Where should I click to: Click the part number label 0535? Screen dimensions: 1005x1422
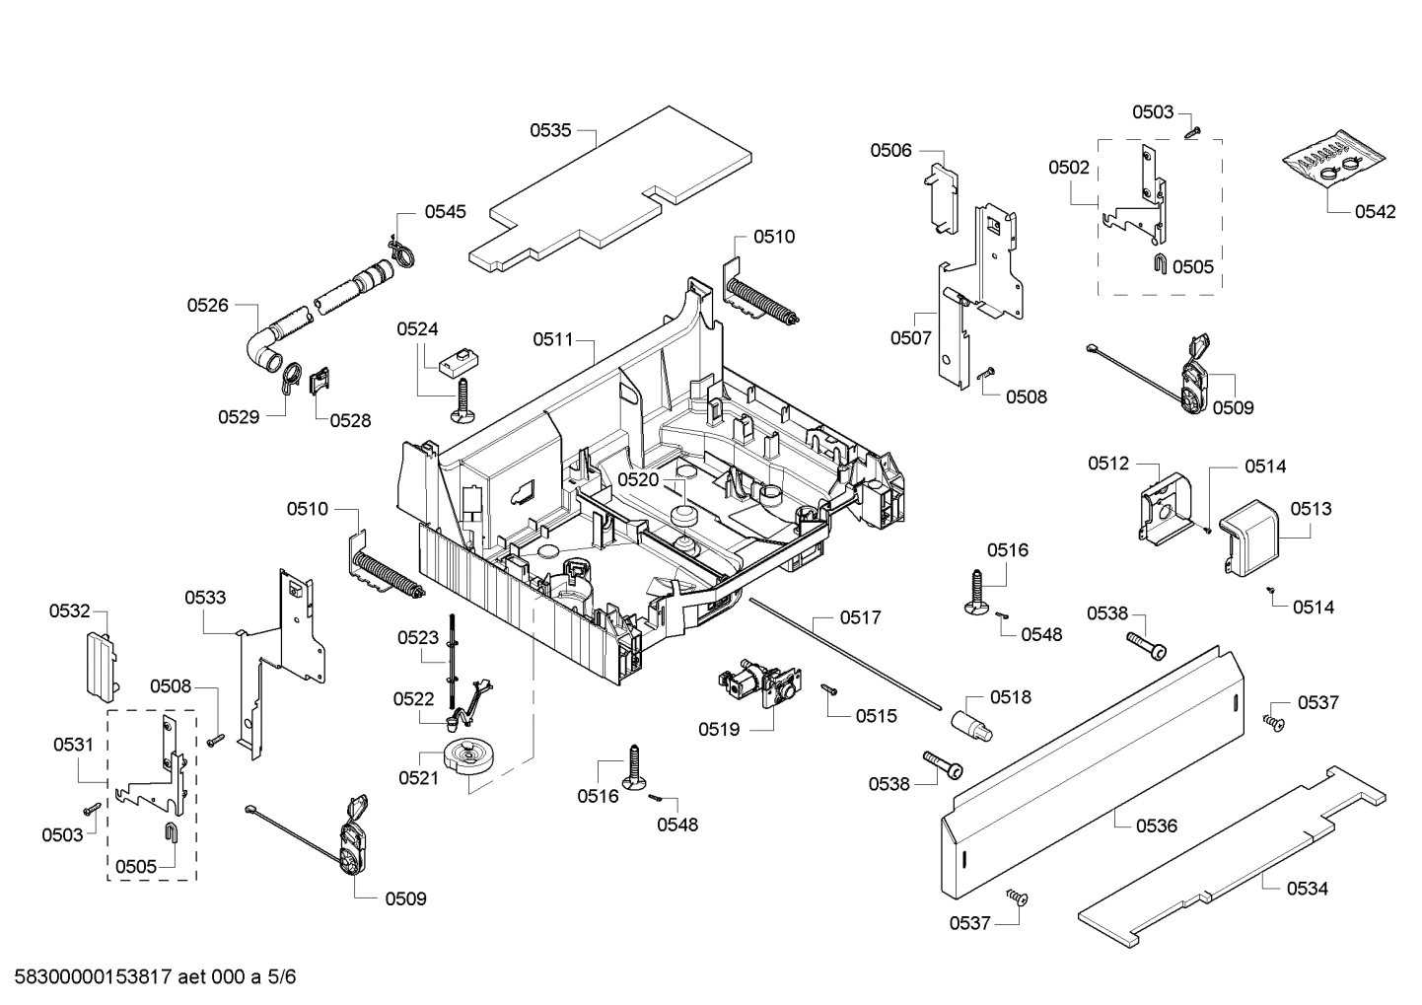point(550,129)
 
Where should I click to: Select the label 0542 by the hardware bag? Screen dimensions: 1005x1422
point(1375,212)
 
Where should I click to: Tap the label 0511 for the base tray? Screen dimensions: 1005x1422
point(553,339)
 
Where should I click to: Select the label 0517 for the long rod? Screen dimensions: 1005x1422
point(861,617)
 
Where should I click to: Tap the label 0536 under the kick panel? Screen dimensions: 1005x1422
point(1157,826)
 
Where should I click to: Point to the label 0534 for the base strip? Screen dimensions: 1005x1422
point(1308,889)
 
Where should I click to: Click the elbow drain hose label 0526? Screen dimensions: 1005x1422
point(208,306)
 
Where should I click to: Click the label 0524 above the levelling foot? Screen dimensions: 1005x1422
point(418,329)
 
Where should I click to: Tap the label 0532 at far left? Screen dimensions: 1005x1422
point(70,611)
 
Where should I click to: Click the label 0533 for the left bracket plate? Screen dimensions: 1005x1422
point(205,598)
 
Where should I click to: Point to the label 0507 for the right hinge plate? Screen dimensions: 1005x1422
point(910,337)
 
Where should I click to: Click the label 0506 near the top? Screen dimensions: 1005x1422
point(890,150)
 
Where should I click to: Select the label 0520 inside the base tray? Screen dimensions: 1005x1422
point(638,479)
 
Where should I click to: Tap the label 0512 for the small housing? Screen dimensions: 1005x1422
point(1108,464)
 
